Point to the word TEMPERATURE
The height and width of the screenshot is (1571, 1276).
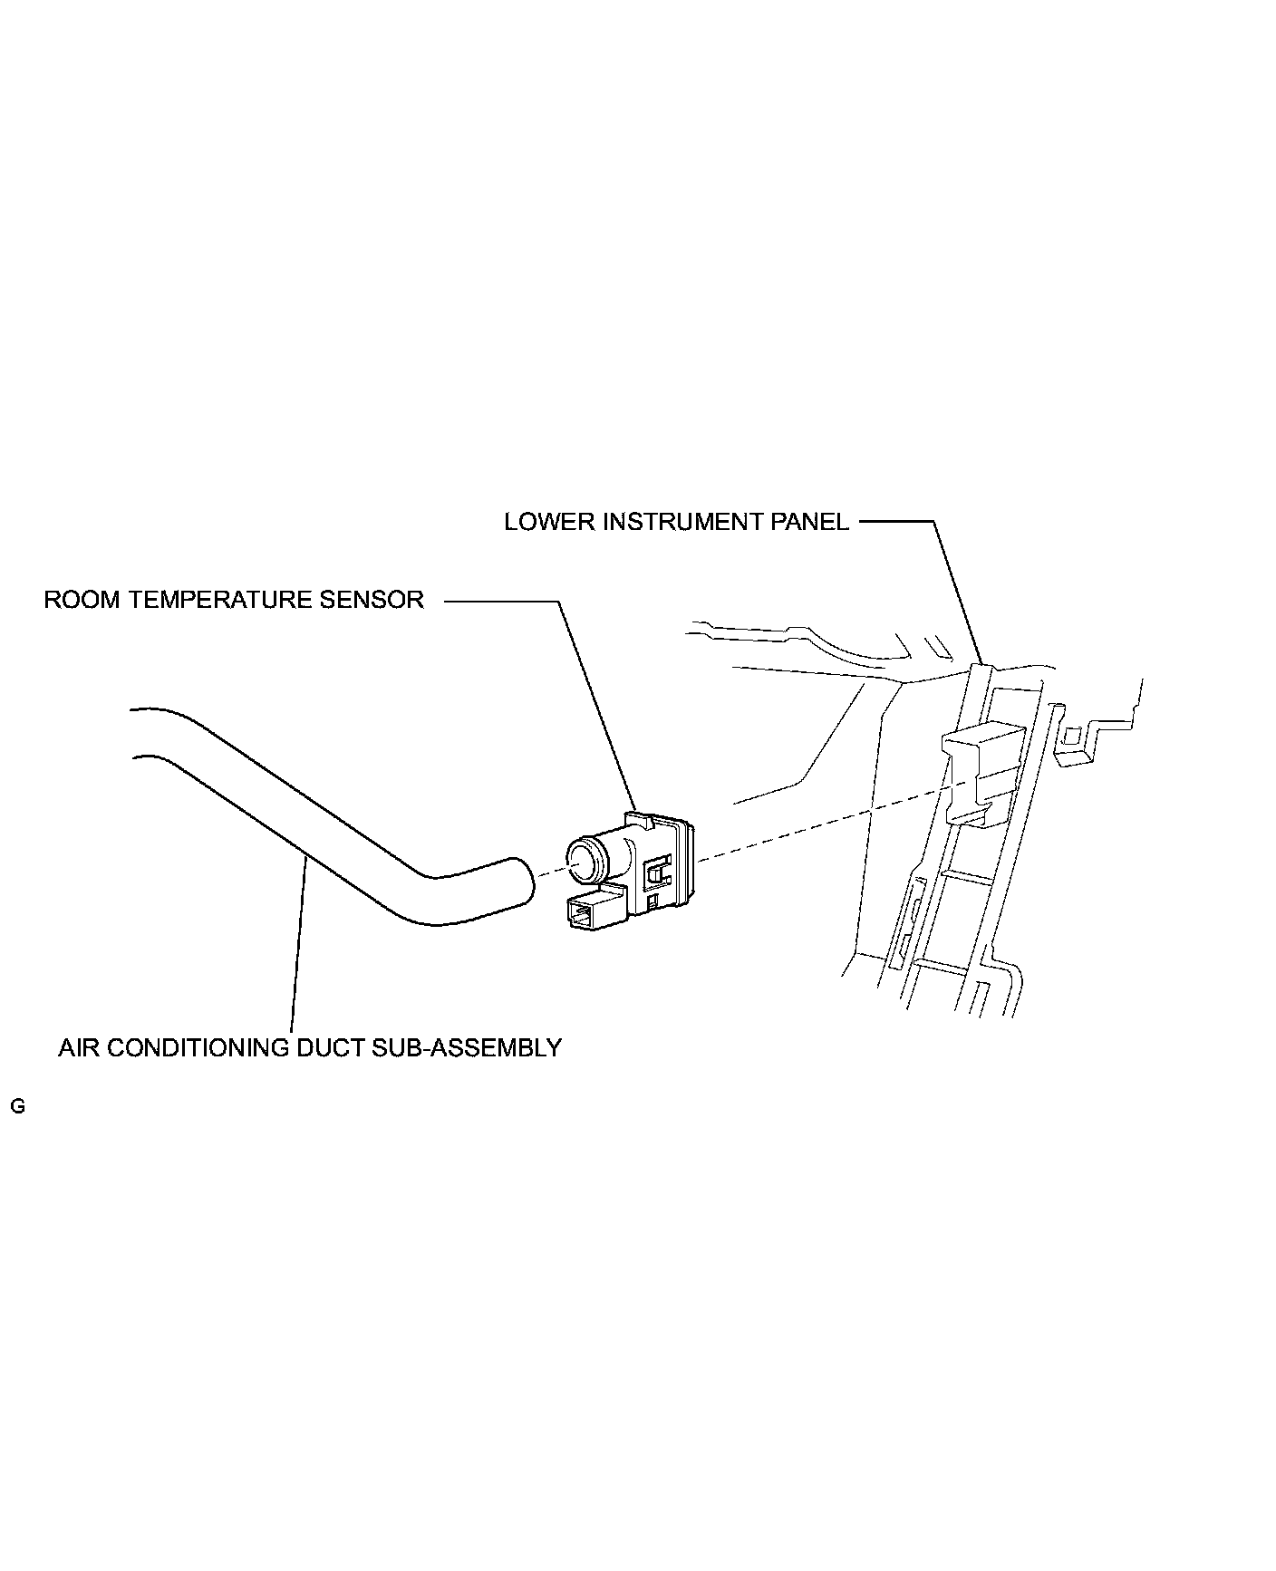221,601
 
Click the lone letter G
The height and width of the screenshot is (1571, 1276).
17,1106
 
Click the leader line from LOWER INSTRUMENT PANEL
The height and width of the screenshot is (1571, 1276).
956,589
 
